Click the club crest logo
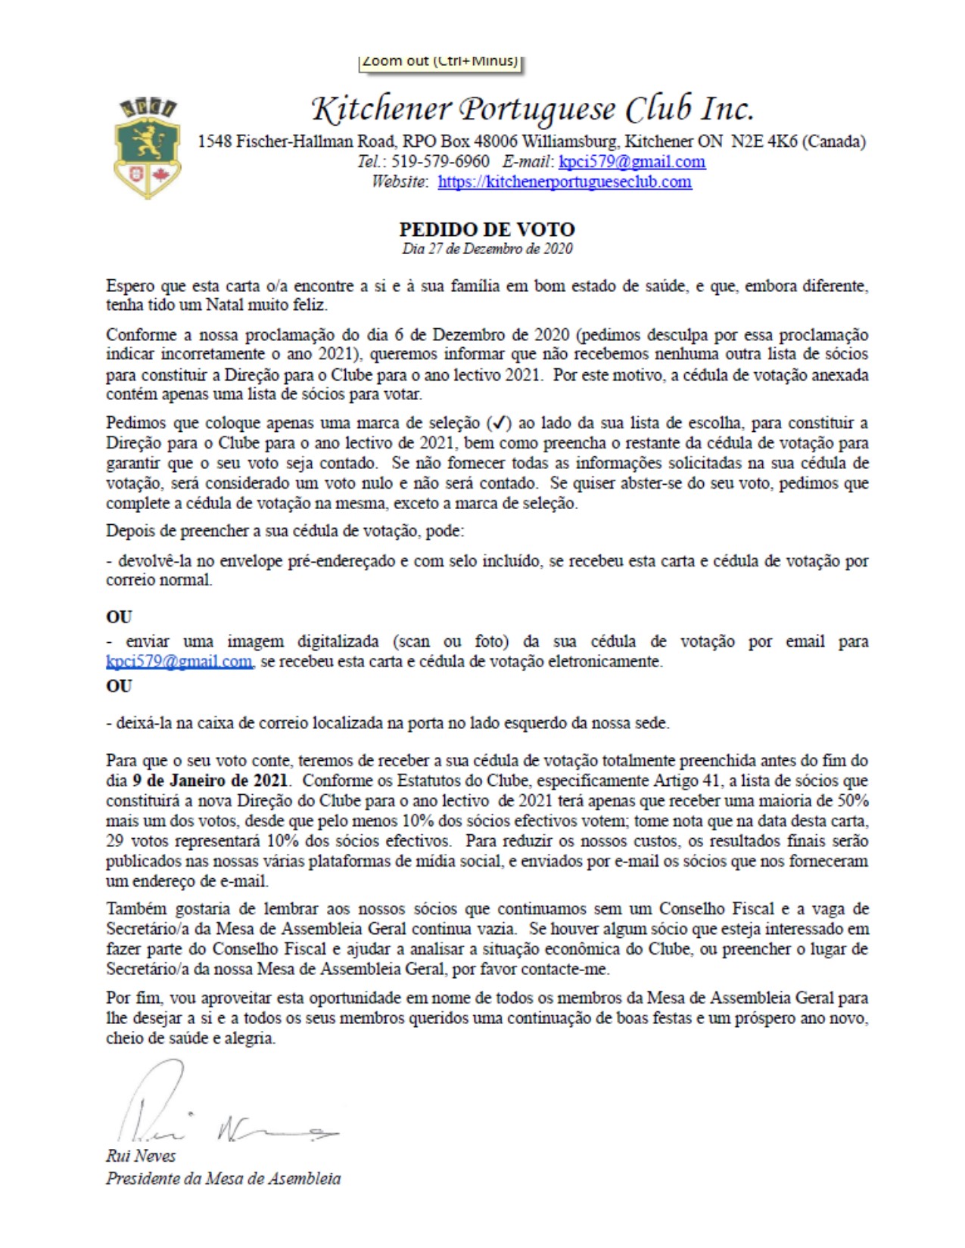(x=147, y=147)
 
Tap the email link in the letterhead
(x=631, y=162)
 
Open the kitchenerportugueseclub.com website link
(x=564, y=182)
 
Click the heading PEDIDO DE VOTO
(x=487, y=229)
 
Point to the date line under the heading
(x=487, y=249)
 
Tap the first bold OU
(x=119, y=616)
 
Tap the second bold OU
(x=119, y=686)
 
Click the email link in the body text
(x=179, y=662)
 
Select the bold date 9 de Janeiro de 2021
(x=210, y=781)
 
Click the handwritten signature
(x=219, y=1112)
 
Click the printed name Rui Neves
(x=141, y=1156)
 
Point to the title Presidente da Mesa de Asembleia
(x=223, y=1178)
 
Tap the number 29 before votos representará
(x=115, y=841)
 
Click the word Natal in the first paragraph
(x=225, y=306)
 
